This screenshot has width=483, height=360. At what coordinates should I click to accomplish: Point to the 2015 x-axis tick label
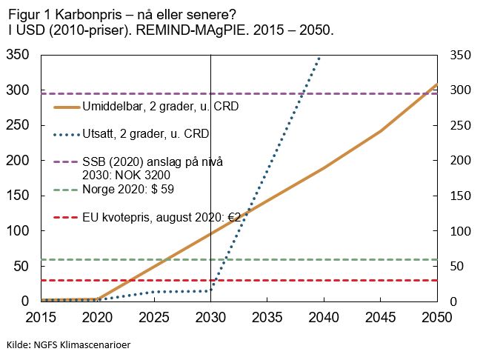coord(41,317)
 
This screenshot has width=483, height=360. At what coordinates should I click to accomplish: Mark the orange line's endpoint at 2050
coord(436,84)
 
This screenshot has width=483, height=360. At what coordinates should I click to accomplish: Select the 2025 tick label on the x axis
coord(154,317)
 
